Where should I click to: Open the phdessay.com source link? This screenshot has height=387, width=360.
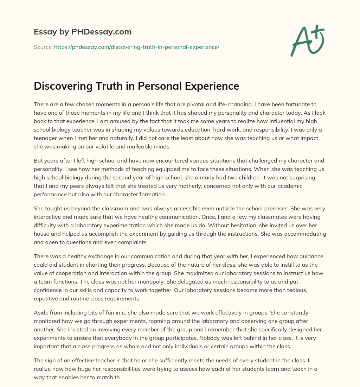pos(136,47)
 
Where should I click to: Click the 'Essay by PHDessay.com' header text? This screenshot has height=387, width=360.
pos(83,32)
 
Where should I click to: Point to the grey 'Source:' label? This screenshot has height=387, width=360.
pos(43,47)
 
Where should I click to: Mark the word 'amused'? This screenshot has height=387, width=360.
pos(113,121)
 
